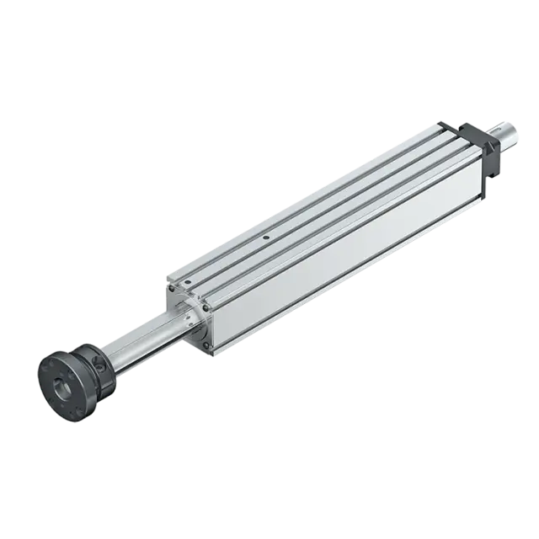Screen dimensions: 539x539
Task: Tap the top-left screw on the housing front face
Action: coord(171,286)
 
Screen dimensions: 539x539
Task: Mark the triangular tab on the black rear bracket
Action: coord(446,124)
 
